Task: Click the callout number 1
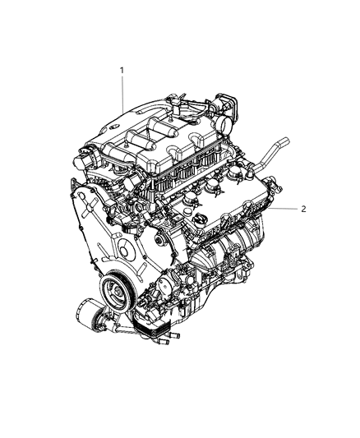coord(122,71)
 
